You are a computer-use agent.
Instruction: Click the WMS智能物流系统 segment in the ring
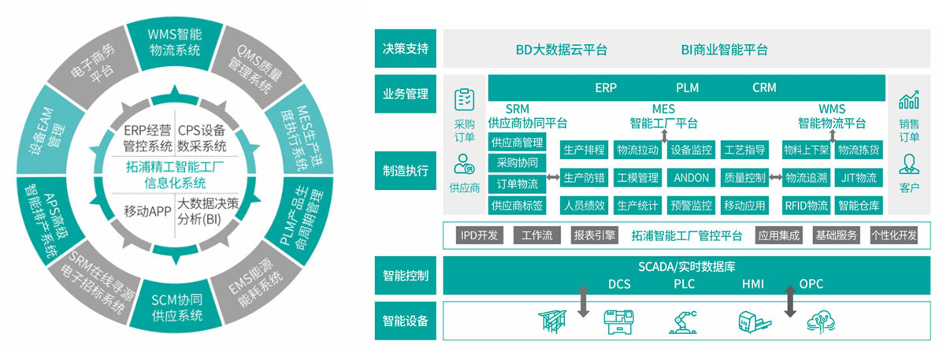[174, 41]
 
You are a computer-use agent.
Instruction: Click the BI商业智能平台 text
[724, 50]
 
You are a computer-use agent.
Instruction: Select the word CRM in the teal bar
[764, 87]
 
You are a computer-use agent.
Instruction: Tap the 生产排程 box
[584, 150]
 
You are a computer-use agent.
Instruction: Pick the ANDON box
[691, 178]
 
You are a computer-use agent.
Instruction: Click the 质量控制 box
[744, 178]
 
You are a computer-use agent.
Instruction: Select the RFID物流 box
[805, 206]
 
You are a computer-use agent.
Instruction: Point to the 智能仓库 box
[859, 206]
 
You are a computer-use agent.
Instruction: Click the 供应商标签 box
[517, 206]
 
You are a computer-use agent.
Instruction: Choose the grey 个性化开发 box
[893, 235]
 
